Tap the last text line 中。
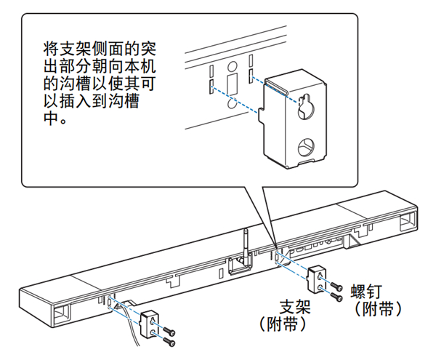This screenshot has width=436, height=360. coord(55,117)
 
